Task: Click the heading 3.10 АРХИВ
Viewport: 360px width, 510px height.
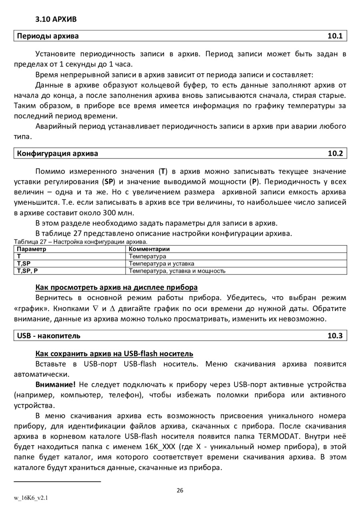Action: (x=56, y=19)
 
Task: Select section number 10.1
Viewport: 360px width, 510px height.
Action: (x=335, y=36)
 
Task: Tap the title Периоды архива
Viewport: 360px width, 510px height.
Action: (x=48, y=36)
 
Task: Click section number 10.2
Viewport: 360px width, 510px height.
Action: (x=335, y=153)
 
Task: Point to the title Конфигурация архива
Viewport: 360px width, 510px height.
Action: (x=57, y=153)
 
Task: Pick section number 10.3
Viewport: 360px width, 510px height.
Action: (x=335, y=335)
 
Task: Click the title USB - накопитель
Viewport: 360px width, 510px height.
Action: (x=48, y=335)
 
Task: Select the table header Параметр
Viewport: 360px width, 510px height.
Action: (x=31, y=249)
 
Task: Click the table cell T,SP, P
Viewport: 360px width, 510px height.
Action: (x=27, y=271)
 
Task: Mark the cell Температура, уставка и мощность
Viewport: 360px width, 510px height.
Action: (x=177, y=271)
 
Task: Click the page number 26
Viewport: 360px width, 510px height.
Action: (x=180, y=491)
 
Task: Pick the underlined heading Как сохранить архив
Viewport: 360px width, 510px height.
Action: (x=114, y=353)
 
